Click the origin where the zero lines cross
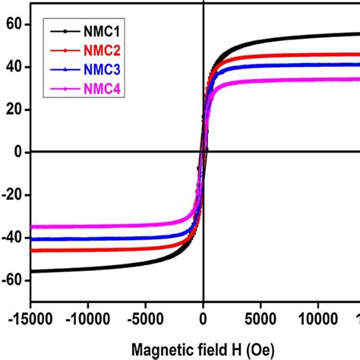click(204, 152)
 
